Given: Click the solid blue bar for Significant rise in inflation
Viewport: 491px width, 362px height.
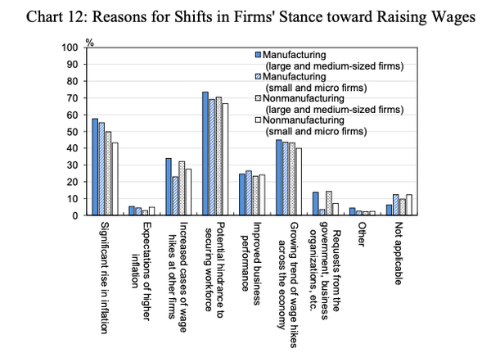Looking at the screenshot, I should pyautogui.click(x=95, y=167).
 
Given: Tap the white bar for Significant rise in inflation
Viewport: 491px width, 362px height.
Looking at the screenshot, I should pyautogui.click(x=115, y=179).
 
